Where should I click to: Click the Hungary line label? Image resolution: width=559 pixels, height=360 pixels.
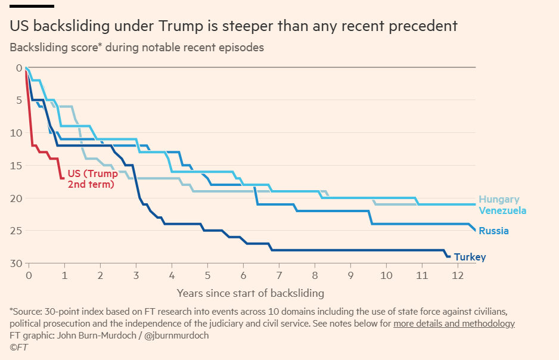pyautogui.click(x=499, y=200)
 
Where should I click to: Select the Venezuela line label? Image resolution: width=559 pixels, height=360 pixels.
pyautogui.click(x=502, y=210)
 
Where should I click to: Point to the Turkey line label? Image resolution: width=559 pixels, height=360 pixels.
pyautogui.click(x=470, y=257)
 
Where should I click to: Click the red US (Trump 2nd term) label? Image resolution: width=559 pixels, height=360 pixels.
pyautogui.click(x=92, y=179)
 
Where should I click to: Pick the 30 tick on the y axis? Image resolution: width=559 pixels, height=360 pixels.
pyautogui.click(x=16, y=263)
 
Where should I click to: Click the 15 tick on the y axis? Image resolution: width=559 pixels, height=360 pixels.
pyautogui.click(x=16, y=165)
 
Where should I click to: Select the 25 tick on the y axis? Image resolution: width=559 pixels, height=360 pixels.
pyautogui.click(x=16, y=231)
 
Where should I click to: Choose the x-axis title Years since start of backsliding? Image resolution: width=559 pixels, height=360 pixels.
pyautogui.click(x=250, y=293)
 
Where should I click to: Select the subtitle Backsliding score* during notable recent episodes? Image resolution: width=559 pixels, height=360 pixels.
pyautogui.click(x=136, y=47)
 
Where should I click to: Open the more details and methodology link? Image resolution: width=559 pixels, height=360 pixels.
pyautogui.click(x=454, y=324)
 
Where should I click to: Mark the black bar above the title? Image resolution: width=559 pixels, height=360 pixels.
pyautogui.click(x=32, y=6)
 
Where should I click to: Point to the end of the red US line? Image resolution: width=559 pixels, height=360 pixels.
pyautogui.click(x=62, y=178)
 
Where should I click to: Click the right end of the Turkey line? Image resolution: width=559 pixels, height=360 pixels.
pyautogui.click(x=450, y=256)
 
